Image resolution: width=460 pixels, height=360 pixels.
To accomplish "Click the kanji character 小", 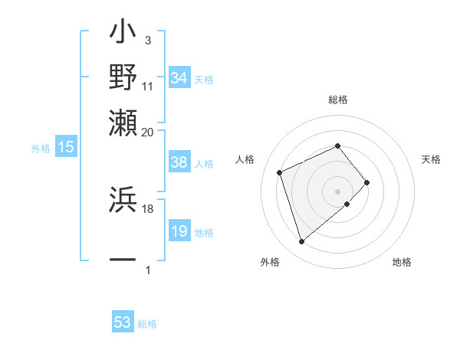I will (123, 35).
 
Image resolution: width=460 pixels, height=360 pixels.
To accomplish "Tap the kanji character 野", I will (123, 77).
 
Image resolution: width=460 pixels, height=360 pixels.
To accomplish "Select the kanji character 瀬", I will (123, 120).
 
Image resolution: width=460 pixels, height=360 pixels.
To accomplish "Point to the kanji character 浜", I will (123, 199).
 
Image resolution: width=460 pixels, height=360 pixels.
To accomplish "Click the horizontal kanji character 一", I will (123, 260).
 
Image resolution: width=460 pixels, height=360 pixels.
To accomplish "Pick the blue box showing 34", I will (179, 77).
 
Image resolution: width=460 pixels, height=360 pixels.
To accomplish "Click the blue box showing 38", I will (179, 162).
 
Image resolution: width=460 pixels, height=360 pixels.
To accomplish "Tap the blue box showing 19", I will (179, 231).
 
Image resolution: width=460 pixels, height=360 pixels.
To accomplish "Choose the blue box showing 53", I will (123, 322).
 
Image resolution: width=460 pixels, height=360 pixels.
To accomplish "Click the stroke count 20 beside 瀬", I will (147, 132).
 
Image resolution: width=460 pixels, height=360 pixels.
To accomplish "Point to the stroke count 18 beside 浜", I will (147, 208).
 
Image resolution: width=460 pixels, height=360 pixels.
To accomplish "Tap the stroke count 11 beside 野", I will (148, 87).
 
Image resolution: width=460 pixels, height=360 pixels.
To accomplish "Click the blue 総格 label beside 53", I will (147, 324).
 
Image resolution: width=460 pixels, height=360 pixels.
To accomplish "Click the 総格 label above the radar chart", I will (337, 100).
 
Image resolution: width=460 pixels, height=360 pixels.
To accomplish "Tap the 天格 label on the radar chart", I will (431, 159).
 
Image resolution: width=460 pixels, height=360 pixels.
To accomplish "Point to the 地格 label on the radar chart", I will (402, 262).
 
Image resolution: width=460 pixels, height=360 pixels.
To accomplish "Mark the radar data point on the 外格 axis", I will (301, 242).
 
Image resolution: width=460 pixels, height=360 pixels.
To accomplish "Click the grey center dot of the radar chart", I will (337, 190).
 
